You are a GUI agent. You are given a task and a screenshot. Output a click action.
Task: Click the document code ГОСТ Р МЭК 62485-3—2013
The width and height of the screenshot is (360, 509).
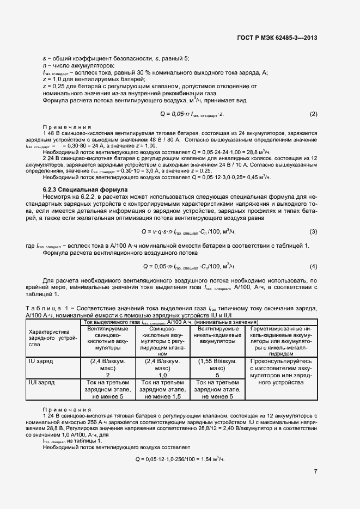(x=277, y=38)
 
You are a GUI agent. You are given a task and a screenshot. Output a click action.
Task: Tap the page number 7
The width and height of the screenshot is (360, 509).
(x=315, y=471)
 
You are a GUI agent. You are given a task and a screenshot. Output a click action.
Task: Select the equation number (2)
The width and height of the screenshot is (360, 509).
(x=313, y=114)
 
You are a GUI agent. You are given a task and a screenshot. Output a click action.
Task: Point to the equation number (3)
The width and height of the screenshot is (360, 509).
(x=313, y=216)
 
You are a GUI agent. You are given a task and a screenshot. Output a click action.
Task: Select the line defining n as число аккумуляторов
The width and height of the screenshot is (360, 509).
(x=76, y=65)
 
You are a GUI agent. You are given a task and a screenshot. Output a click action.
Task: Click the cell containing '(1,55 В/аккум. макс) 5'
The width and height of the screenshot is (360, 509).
(x=217, y=368)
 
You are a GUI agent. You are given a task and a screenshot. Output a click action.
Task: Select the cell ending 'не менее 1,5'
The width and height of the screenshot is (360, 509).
(x=162, y=390)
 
